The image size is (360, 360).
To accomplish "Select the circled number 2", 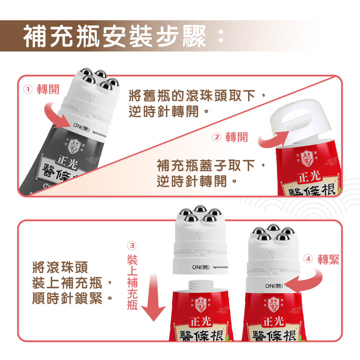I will (x=216, y=137).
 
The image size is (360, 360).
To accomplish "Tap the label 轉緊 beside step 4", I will (x=328, y=259).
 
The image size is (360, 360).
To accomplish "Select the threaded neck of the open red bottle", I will (x=199, y=286).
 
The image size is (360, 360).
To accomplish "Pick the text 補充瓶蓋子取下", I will (x=211, y=166).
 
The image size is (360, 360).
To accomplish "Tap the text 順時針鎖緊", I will (x=72, y=298).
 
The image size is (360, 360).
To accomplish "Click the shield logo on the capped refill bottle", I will (x=306, y=157).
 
